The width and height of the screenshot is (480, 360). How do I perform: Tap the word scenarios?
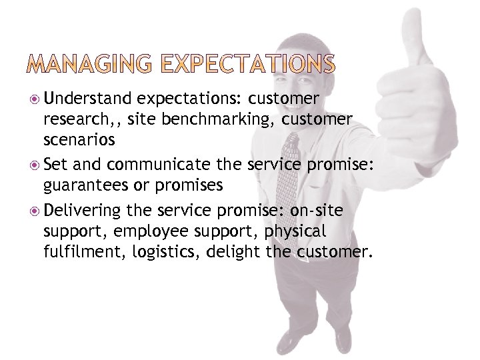(x=79, y=141)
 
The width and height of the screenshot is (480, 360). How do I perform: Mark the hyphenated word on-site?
(x=317, y=211)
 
